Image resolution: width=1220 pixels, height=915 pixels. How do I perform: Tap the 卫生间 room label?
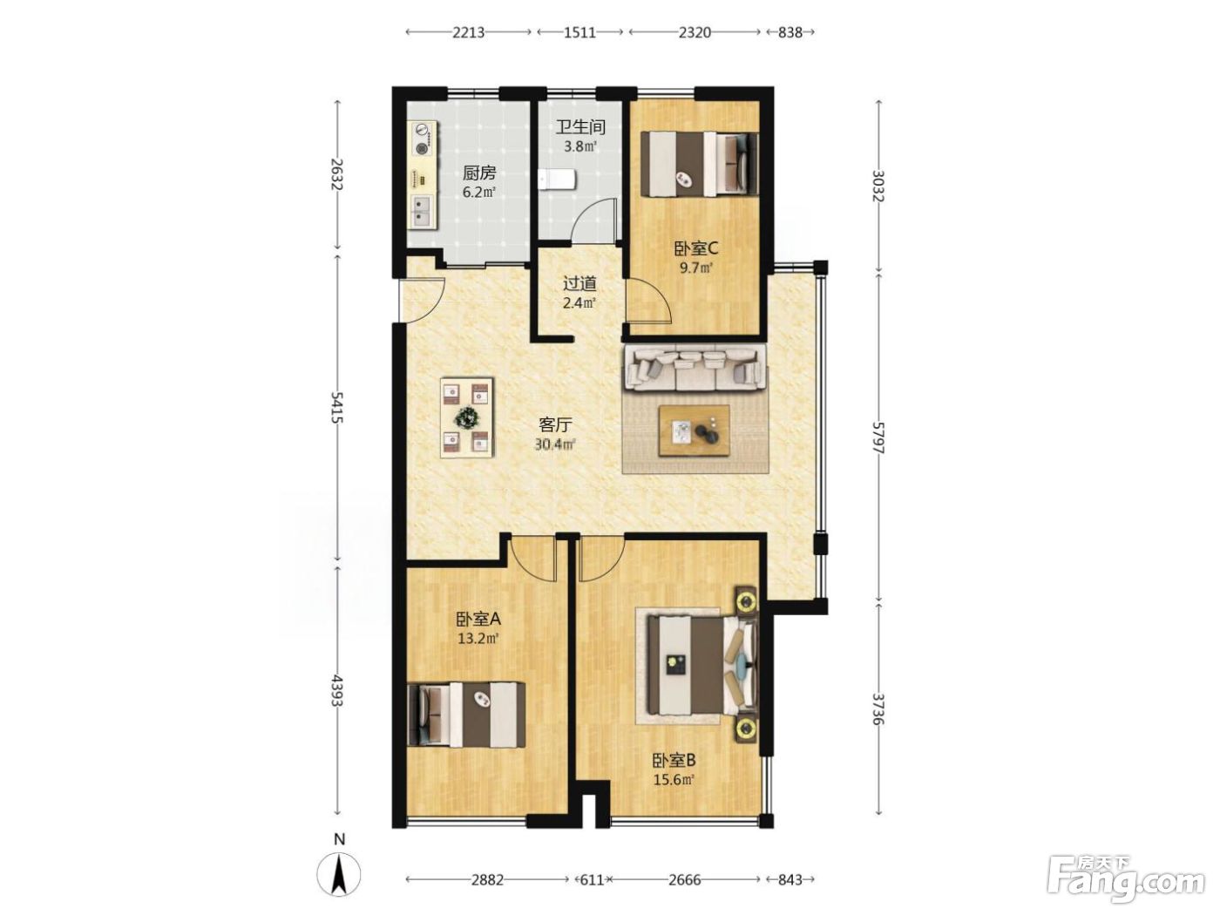[x=580, y=128]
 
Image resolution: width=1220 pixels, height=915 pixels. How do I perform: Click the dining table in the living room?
[x=467, y=417]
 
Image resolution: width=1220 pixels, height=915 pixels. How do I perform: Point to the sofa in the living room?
[x=695, y=368]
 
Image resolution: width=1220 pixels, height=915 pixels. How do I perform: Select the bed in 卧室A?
[x=466, y=715]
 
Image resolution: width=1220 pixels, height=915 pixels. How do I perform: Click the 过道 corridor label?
[x=579, y=284]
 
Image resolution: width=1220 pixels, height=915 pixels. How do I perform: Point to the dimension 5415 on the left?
[x=337, y=407]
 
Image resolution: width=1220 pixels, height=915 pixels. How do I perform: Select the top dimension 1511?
[x=579, y=33]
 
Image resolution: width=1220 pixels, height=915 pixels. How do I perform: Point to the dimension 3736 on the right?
[x=878, y=708]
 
